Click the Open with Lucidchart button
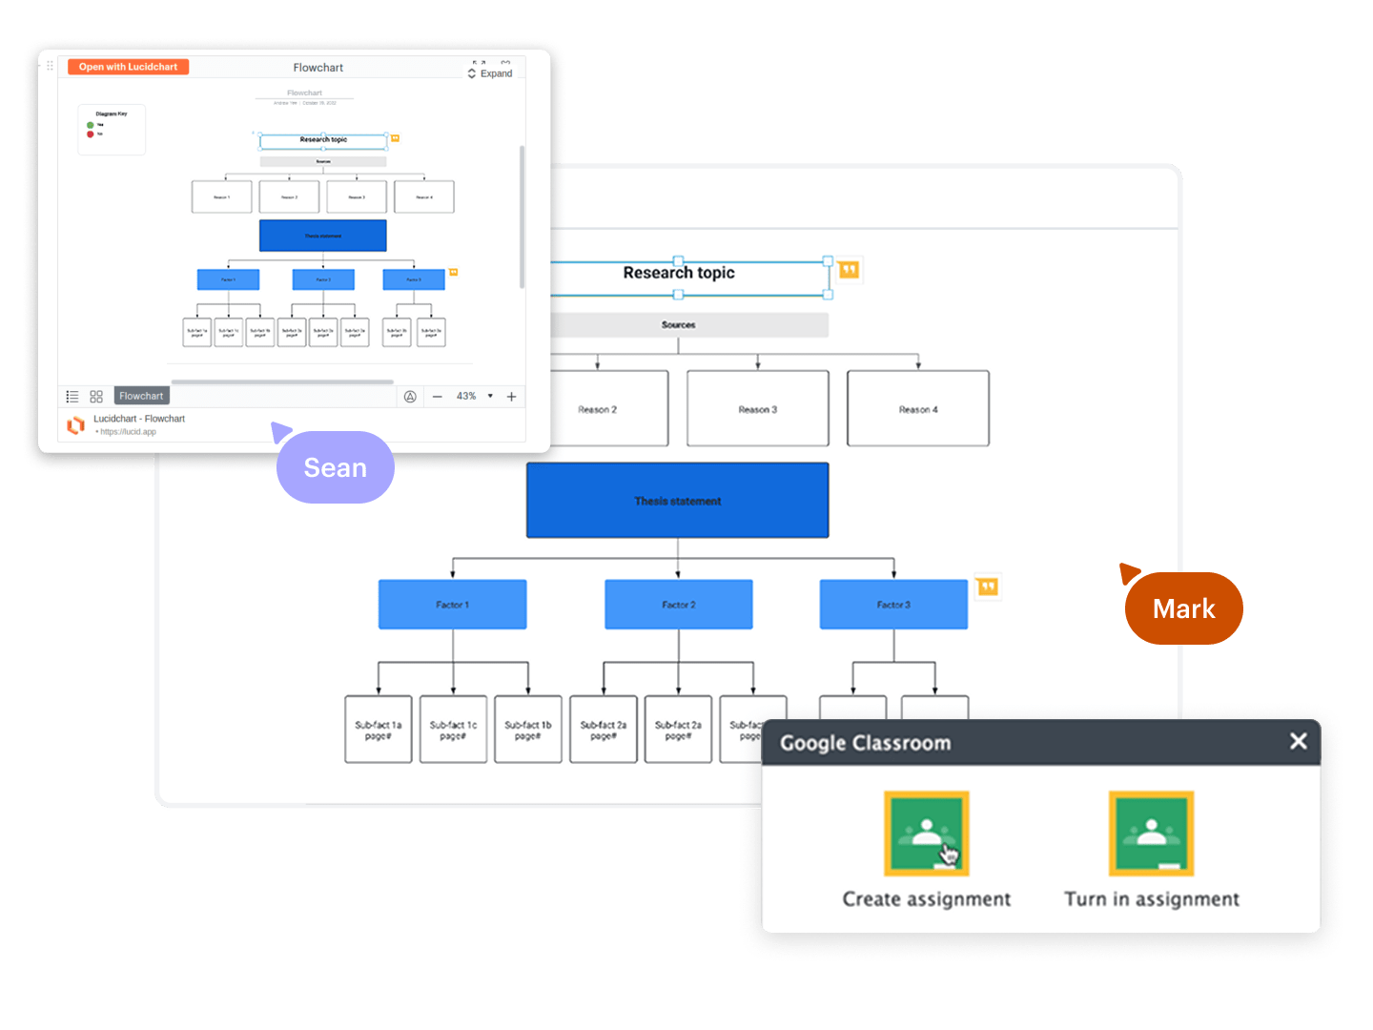pyautogui.click(x=129, y=67)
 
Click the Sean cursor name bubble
pyautogui.click(x=335, y=467)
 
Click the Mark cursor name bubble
pyautogui.click(x=1183, y=608)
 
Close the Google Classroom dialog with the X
pyautogui.click(x=1298, y=741)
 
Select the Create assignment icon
pyautogui.click(x=926, y=834)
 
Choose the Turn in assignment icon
pyautogui.click(x=1151, y=834)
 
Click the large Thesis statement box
pyautogui.click(x=677, y=501)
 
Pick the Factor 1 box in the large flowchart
pyautogui.click(x=452, y=605)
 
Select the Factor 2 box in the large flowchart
pyautogui.click(x=678, y=605)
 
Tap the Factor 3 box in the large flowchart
pyautogui.click(x=893, y=605)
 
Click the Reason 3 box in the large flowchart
pyautogui.click(x=757, y=409)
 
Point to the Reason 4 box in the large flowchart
pyautogui.click(x=917, y=409)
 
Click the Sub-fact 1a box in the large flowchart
pyautogui.click(x=379, y=730)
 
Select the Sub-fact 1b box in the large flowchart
pyautogui.click(x=528, y=730)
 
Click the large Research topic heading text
pyautogui.click(x=679, y=273)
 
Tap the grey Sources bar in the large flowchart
pyautogui.click(x=679, y=325)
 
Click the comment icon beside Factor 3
pyautogui.click(x=988, y=587)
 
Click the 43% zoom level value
pyautogui.click(x=466, y=396)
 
